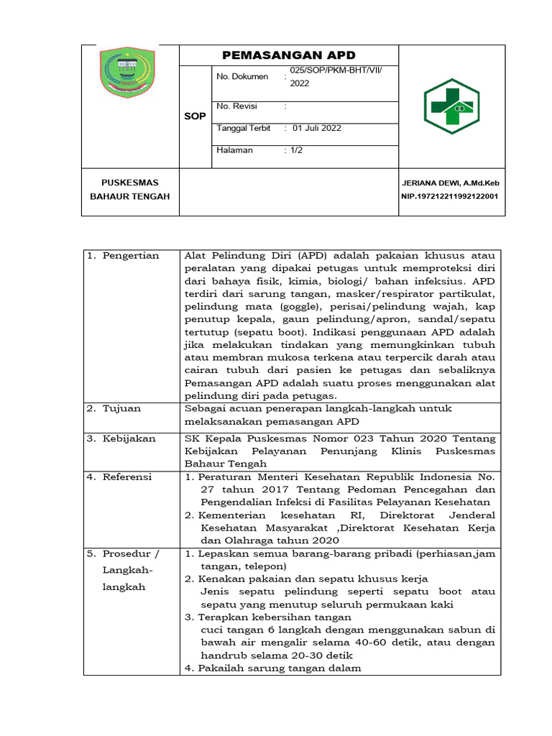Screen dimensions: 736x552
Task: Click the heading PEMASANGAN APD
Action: [289, 55]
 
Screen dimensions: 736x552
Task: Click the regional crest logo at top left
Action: [126, 69]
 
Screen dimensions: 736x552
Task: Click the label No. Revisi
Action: [236, 106]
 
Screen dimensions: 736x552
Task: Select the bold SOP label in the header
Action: [194, 116]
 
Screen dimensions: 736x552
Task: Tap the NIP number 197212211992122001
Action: [450, 196]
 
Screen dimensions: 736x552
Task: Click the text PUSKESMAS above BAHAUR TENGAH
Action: [129, 183]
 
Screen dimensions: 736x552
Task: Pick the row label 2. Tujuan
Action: [115, 408]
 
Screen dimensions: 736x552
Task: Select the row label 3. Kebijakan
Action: [121, 438]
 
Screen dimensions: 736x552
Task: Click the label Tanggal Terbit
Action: [244, 129]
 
